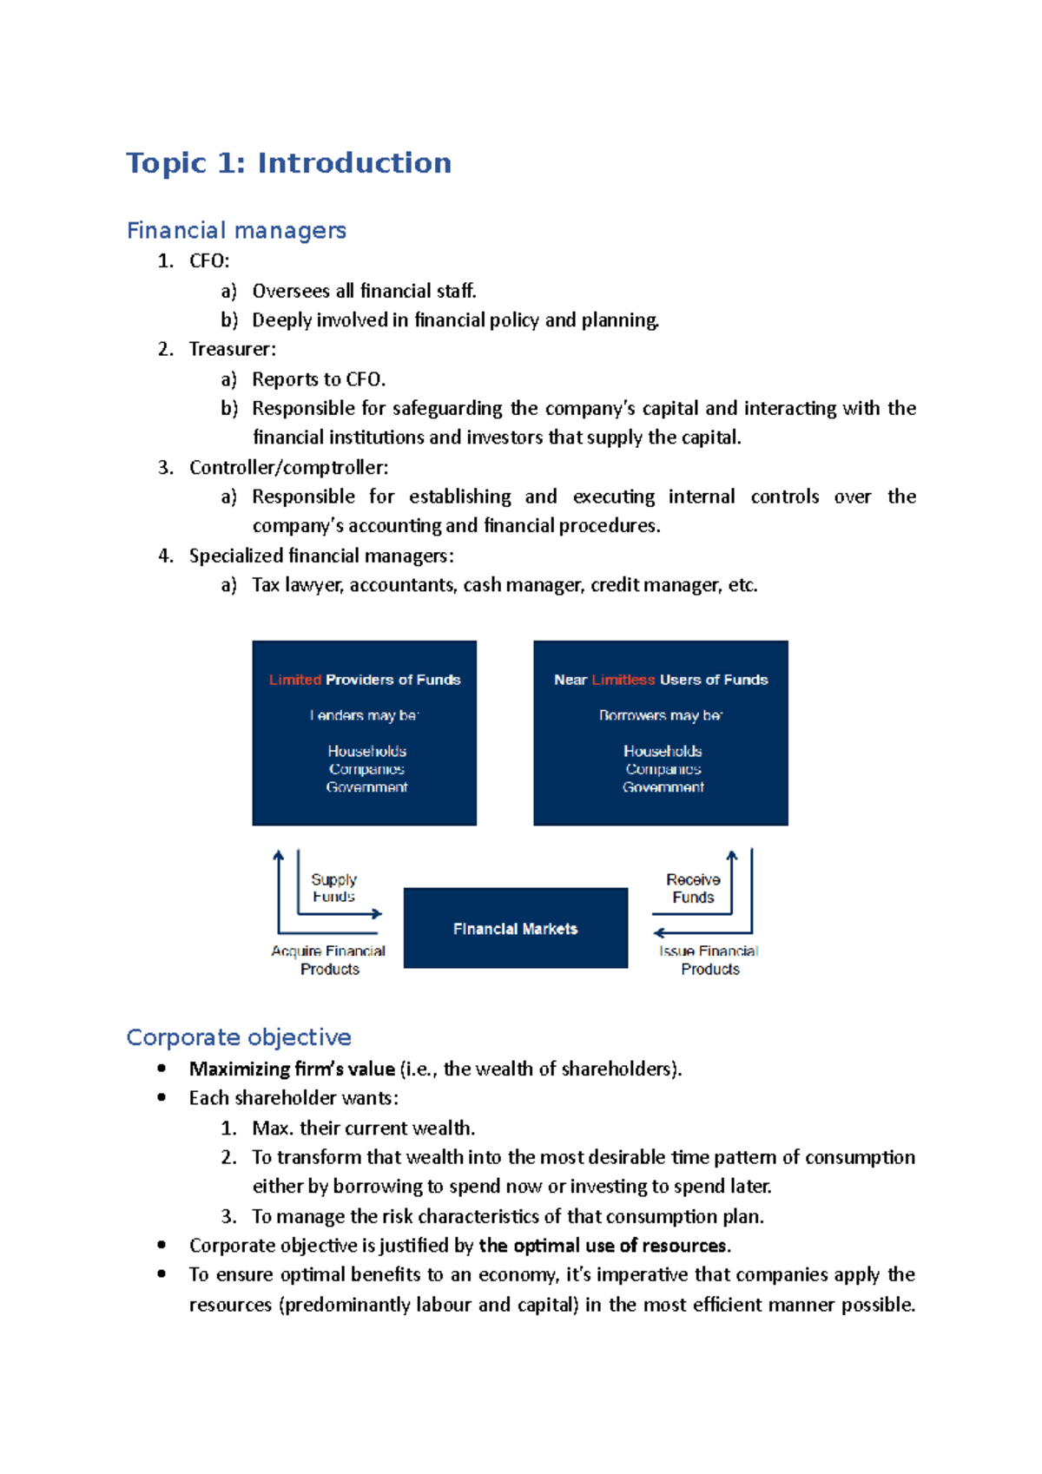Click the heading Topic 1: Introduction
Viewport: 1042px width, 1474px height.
[x=288, y=163]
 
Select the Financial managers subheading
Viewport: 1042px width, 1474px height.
[x=236, y=231]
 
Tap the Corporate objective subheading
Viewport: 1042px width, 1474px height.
[x=239, y=1037]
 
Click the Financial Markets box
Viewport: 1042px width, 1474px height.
[x=515, y=928]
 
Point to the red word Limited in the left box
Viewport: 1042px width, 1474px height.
[x=295, y=680]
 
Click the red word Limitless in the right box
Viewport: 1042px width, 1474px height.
[x=623, y=680]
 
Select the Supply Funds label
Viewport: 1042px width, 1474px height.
[x=333, y=887]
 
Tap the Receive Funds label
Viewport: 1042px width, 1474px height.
[x=693, y=888]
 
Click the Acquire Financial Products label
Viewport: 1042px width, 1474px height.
[x=328, y=960]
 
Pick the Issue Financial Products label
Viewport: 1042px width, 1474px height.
[x=709, y=960]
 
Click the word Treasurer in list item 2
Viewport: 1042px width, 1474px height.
[x=230, y=349]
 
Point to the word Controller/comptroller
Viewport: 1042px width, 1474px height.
[x=287, y=468]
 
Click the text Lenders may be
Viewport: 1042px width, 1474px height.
[x=364, y=715]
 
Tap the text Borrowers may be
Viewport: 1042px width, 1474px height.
[x=660, y=715]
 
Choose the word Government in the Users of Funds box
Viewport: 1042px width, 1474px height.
[x=663, y=787]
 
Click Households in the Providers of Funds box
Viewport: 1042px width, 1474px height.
[x=366, y=751]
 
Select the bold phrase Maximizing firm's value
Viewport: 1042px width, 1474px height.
[x=292, y=1069]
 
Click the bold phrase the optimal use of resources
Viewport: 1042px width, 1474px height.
[x=603, y=1246]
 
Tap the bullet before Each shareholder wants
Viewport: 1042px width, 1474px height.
[x=162, y=1098]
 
